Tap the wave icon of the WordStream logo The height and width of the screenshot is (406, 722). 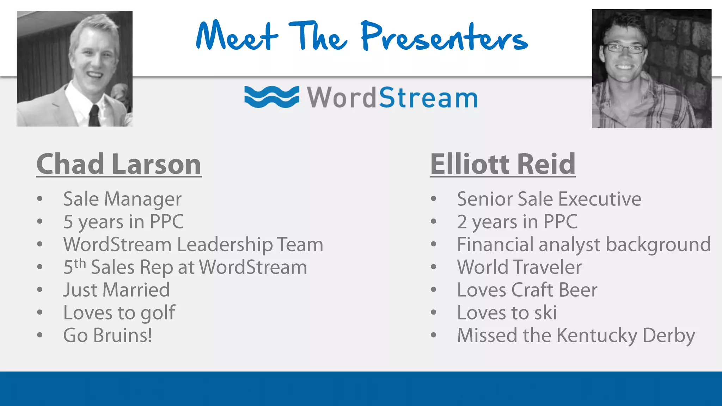coord(271,97)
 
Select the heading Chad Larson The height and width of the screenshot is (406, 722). coord(119,164)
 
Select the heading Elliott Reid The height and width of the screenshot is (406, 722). coord(503,164)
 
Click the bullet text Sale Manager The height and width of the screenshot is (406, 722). coord(122,199)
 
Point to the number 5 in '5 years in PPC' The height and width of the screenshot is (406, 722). coord(68,222)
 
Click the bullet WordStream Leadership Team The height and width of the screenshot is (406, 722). coord(193,245)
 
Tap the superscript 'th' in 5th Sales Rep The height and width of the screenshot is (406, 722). coord(80,263)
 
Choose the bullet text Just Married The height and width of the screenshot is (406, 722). coord(116,290)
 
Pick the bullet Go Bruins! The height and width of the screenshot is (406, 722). coord(108,336)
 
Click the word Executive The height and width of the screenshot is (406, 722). coord(600,199)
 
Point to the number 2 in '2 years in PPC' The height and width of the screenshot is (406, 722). coord(462,222)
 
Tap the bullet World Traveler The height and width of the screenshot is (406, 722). coord(519,267)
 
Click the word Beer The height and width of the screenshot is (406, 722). coord(578,290)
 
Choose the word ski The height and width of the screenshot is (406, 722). coord(545,313)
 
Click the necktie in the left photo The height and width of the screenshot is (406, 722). coord(94,115)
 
